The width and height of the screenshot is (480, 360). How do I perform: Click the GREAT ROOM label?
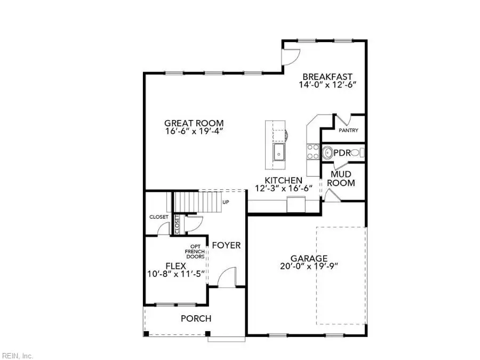coord(194,122)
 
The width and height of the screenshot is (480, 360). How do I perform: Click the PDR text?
coord(342,153)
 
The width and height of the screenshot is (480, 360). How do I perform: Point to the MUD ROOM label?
coord(341,178)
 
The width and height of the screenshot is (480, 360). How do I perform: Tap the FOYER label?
coord(226,245)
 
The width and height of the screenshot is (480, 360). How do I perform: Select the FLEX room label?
coord(175,266)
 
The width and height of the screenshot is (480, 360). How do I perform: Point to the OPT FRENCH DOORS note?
coord(195,251)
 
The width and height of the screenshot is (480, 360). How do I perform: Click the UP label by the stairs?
coord(226,203)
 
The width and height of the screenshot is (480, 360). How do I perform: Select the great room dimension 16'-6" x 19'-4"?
coord(194,131)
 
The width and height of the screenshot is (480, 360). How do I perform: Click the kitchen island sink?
coord(279,152)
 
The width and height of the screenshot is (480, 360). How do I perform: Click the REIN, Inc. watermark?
coord(18,355)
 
